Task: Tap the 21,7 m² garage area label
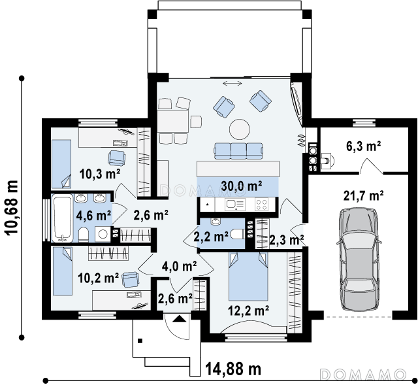point(364,195)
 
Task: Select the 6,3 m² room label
point(363,146)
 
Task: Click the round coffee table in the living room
point(240,129)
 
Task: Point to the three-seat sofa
point(238,151)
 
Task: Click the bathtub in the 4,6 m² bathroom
point(63,218)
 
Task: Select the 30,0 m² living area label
point(241,186)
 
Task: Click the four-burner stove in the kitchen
point(261,204)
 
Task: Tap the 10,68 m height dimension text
point(12,208)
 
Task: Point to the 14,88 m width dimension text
point(233,369)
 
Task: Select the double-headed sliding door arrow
point(233,84)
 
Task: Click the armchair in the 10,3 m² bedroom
point(116,158)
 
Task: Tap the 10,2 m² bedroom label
point(99,278)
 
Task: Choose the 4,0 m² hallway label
point(180,265)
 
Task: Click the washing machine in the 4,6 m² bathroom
point(103,234)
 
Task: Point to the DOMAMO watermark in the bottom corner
point(363,375)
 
